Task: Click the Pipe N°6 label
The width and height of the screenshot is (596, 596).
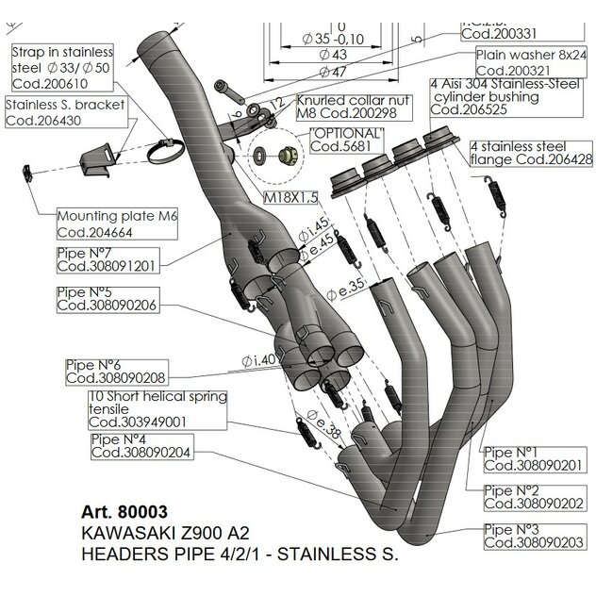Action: [104, 371]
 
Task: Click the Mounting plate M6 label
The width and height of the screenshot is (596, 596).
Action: [118, 223]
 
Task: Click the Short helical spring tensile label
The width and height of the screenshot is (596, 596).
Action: [158, 408]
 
